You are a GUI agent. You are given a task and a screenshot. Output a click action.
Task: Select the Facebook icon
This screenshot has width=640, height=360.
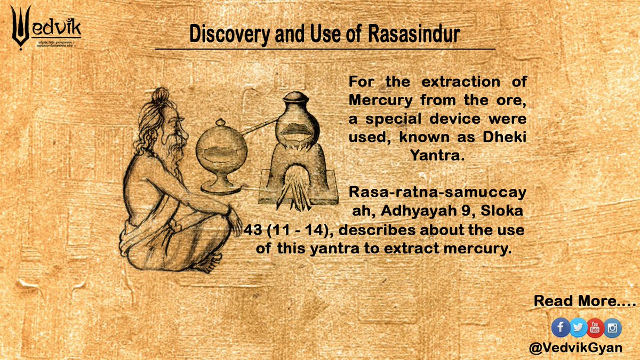pyautogui.click(x=560, y=327)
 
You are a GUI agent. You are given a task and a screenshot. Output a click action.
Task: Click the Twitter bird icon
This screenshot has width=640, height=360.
pyautogui.click(x=578, y=327)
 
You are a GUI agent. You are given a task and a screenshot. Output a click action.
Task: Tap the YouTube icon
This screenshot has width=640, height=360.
pyautogui.click(x=595, y=327)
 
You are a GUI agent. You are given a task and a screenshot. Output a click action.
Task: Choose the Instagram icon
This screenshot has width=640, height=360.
pyautogui.click(x=613, y=327)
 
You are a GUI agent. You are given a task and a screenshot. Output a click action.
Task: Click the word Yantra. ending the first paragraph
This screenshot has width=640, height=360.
pyautogui.click(x=437, y=151)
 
